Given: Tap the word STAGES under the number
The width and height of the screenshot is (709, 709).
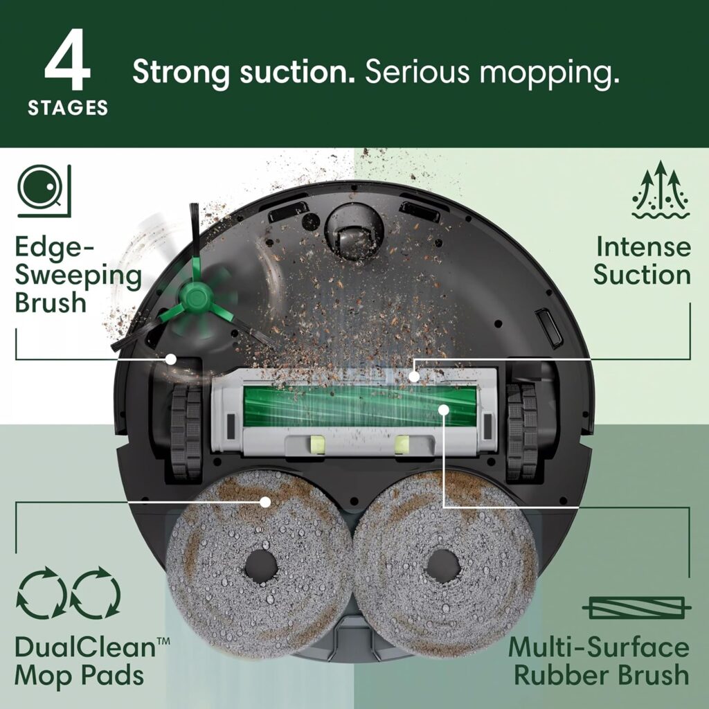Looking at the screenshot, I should point(68,109).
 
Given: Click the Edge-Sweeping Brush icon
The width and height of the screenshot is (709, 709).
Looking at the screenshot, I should point(40,186).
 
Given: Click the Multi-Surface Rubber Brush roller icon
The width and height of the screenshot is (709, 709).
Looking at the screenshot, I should point(636,607).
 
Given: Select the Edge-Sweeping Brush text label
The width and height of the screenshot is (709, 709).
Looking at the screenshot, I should point(78,275).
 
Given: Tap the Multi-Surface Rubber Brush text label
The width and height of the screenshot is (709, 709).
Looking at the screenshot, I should point(599,661).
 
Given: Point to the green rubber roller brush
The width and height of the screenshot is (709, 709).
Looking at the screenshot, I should point(359,409).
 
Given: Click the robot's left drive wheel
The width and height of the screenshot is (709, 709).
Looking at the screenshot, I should point(185,433).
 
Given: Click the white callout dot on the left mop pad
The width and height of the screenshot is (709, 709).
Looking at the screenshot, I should point(264,500).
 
